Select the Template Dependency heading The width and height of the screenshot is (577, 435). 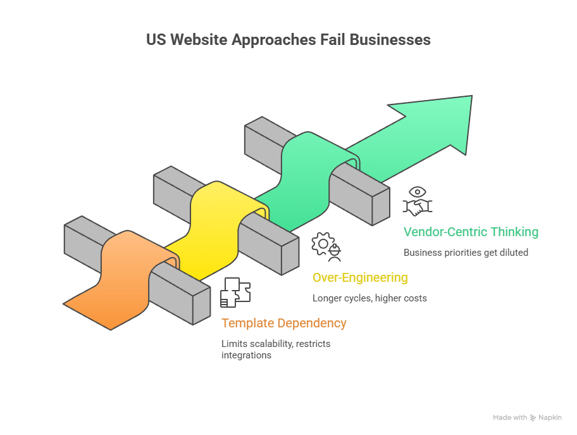[283, 323]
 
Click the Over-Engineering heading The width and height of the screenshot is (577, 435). [360, 277]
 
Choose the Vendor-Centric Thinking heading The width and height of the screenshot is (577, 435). [471, 232]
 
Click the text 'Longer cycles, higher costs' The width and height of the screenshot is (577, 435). [369, 298]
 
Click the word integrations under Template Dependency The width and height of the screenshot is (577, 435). [246, 355]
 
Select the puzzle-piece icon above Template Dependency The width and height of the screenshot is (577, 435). [235, 291]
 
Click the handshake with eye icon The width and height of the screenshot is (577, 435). [418, 201]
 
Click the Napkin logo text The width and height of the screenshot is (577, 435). [550, 418]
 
